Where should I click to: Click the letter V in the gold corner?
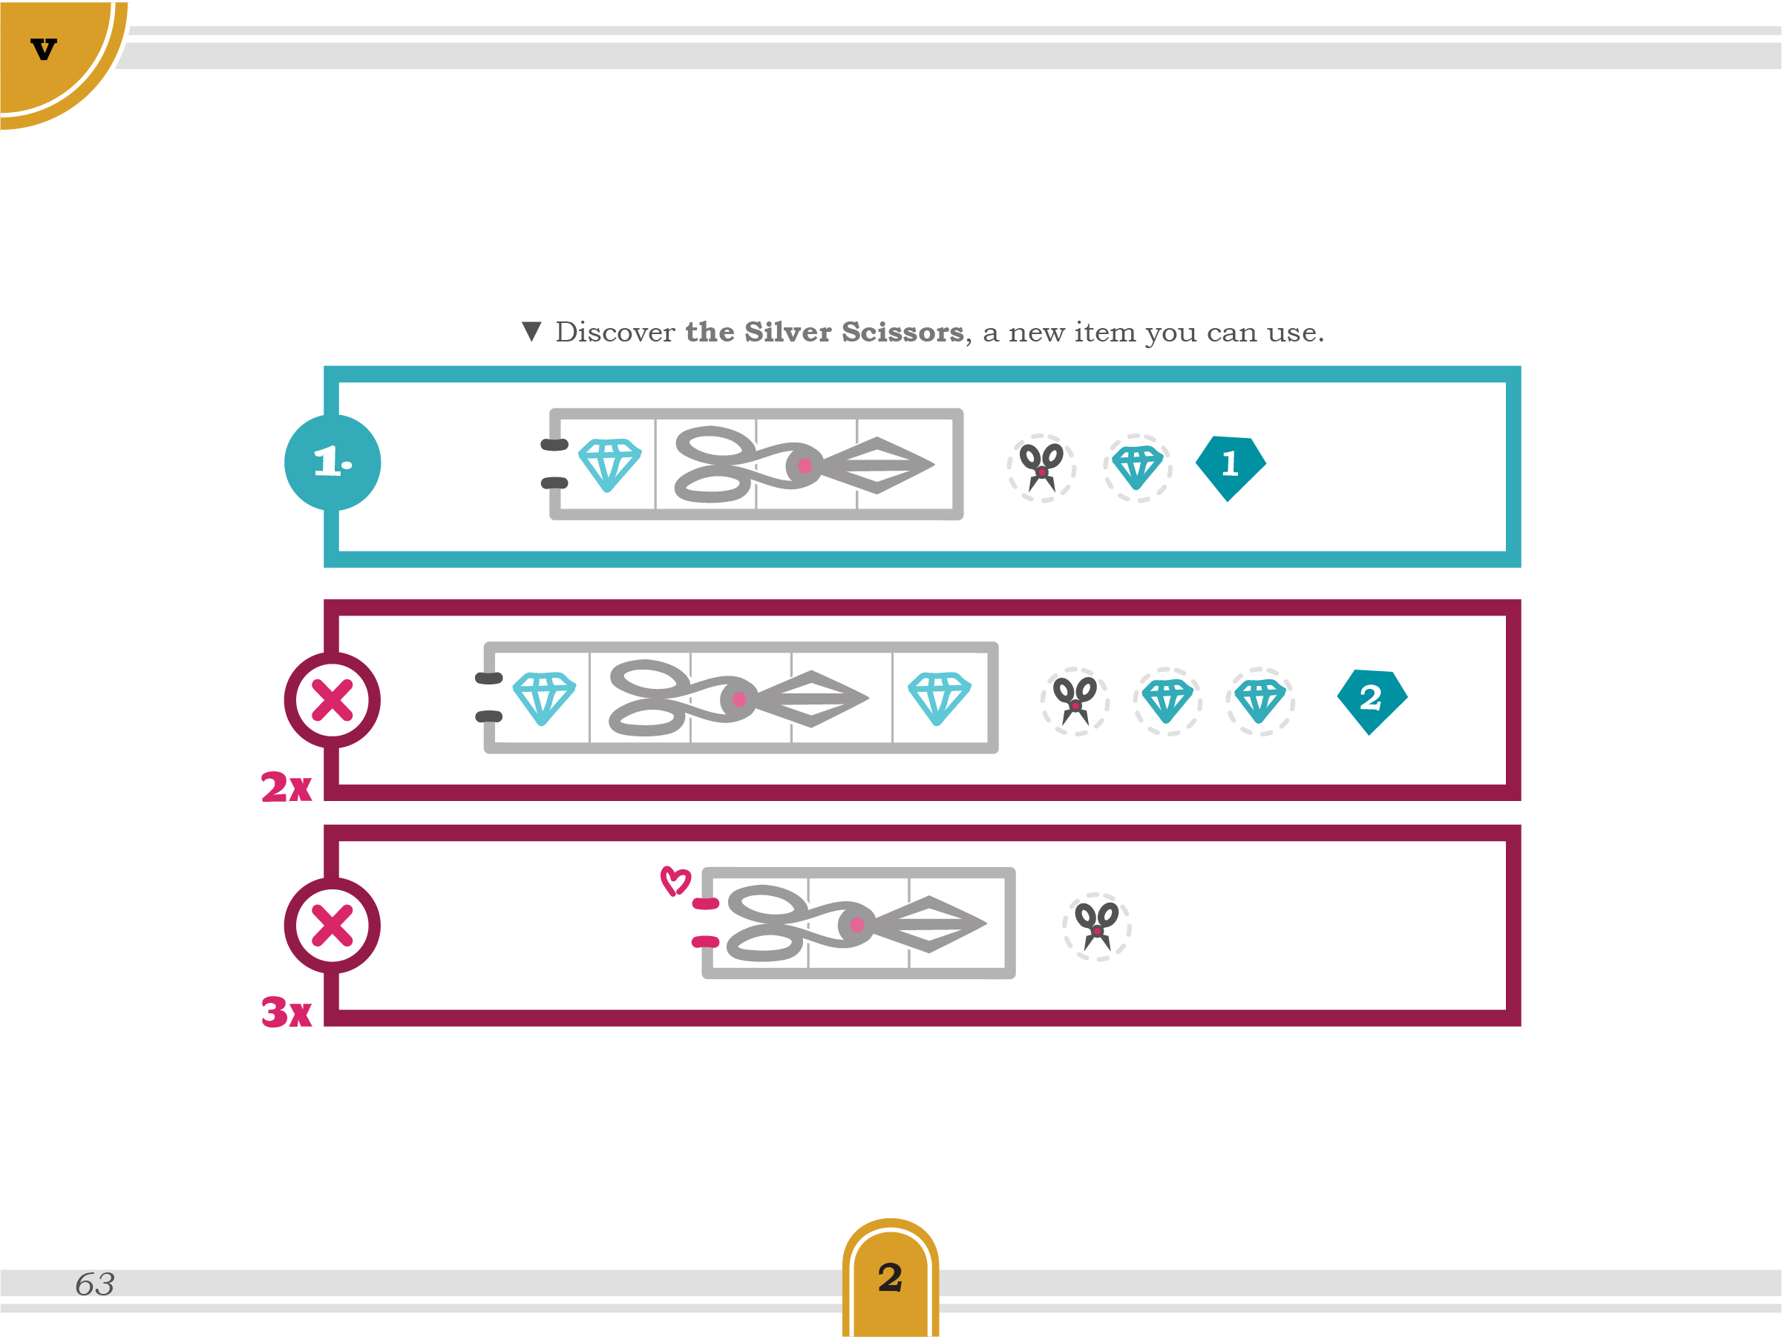click(x=44, y=49)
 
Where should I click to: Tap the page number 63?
click(x=95, y=1284)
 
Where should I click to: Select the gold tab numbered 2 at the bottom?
click(x=890, y=1278)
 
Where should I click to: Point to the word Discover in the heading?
click(x=615, y=332)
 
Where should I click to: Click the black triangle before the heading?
click(x=531, y=331)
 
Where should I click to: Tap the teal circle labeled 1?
click(x=332, y=462)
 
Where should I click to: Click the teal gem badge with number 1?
click(x=1229, y=465)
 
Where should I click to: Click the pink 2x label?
click(x=286, y=787)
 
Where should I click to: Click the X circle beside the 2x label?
click(x=332, y=699)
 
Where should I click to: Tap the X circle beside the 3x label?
click(x=332, y=925)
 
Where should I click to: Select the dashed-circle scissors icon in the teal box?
click(x=1041, y=468)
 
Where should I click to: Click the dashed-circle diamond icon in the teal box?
click(x=1138, y=468)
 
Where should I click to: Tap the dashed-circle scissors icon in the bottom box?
click(x=1096, y=926)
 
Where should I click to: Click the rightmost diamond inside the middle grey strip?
click(x=940, y=698)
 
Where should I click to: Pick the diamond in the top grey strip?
click(x=610, y=464)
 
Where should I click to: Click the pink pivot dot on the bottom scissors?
click(x=856, y=924)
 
